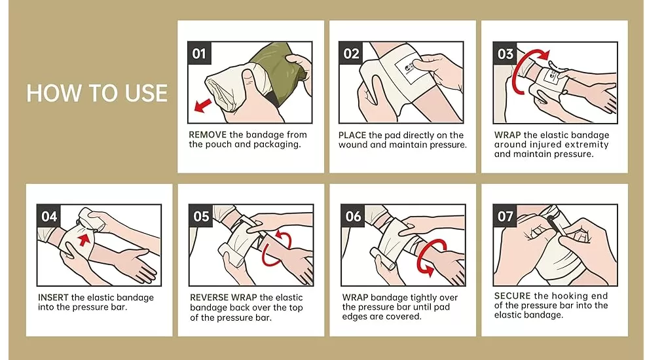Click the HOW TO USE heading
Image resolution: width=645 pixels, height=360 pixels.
pyautogui.click(x=97, y=93)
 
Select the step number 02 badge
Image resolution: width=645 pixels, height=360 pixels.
pyautogui.click(x=352, y=54)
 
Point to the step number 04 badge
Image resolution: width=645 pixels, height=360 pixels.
pyautogui.click(x=49, y=217)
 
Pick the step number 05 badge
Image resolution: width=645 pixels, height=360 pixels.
pyautogui.click(x=201, y=217)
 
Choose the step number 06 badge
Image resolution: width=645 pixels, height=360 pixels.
pyautogui.click(x=353, y=217)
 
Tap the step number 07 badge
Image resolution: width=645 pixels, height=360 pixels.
pyautogui.click(x=505, y=217)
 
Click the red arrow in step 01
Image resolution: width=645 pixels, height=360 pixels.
pyautogui.click(x=205, y=105)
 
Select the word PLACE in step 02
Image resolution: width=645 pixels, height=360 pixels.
pyautogui.click(x=352, y=135)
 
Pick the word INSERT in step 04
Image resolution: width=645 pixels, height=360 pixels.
pyautogui.click(x=53, y=298)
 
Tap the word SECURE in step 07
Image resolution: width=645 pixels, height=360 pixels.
pyautogui.click(x=513, y=296)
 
